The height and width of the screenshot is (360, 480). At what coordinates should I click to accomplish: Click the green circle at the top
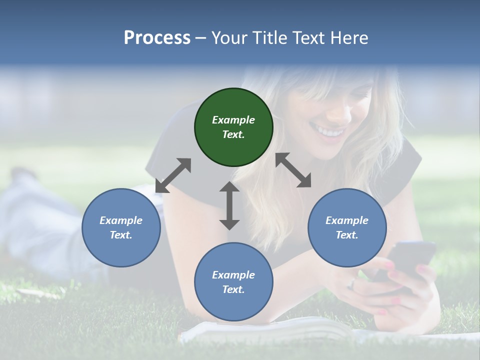pyautogui.click(x=233, y=127)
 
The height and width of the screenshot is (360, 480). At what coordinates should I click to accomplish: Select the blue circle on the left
pyautogui.click(x=121, y=228)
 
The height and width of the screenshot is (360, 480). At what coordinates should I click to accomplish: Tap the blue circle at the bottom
pyautogui.click(x=233, y=282)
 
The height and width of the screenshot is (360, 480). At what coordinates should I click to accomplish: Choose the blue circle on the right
pyautogui.click(x=347, y=228)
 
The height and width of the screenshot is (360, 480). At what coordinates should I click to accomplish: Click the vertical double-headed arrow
pyautogui.click(x=229, y=205)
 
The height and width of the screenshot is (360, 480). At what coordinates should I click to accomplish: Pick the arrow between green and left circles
pyautogui.click(x=173, y=175)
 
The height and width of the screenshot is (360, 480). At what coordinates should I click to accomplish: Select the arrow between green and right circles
pyautogui.click(x=293, y=170)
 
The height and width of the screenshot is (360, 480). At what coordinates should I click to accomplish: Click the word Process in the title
pyautogui.click(x=157, y=38)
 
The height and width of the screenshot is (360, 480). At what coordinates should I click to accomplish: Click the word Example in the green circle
pyautogui.click(x=233, y=120)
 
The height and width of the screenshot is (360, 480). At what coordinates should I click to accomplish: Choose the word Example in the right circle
pyautogui.click(x=347, y=220)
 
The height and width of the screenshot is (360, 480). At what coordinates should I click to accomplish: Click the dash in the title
pyautogui.click(x=200, y=38)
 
